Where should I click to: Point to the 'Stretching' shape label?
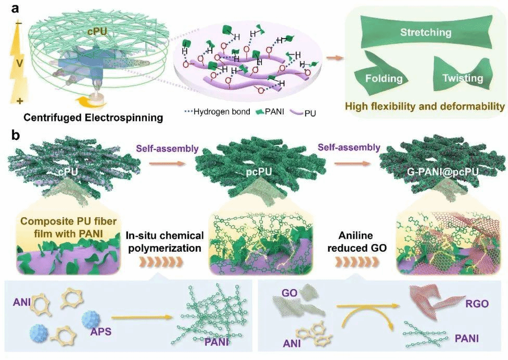pyautogui.click(x=425, y=32)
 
